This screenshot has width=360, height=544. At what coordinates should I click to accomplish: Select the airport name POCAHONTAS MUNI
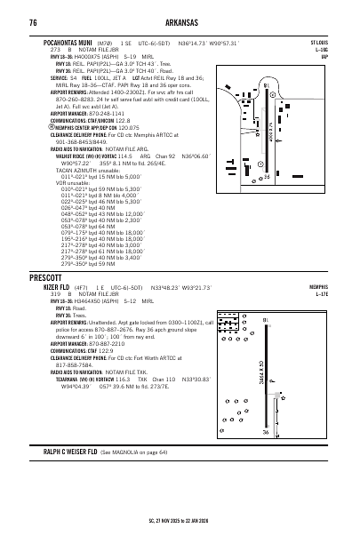point(70,42)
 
